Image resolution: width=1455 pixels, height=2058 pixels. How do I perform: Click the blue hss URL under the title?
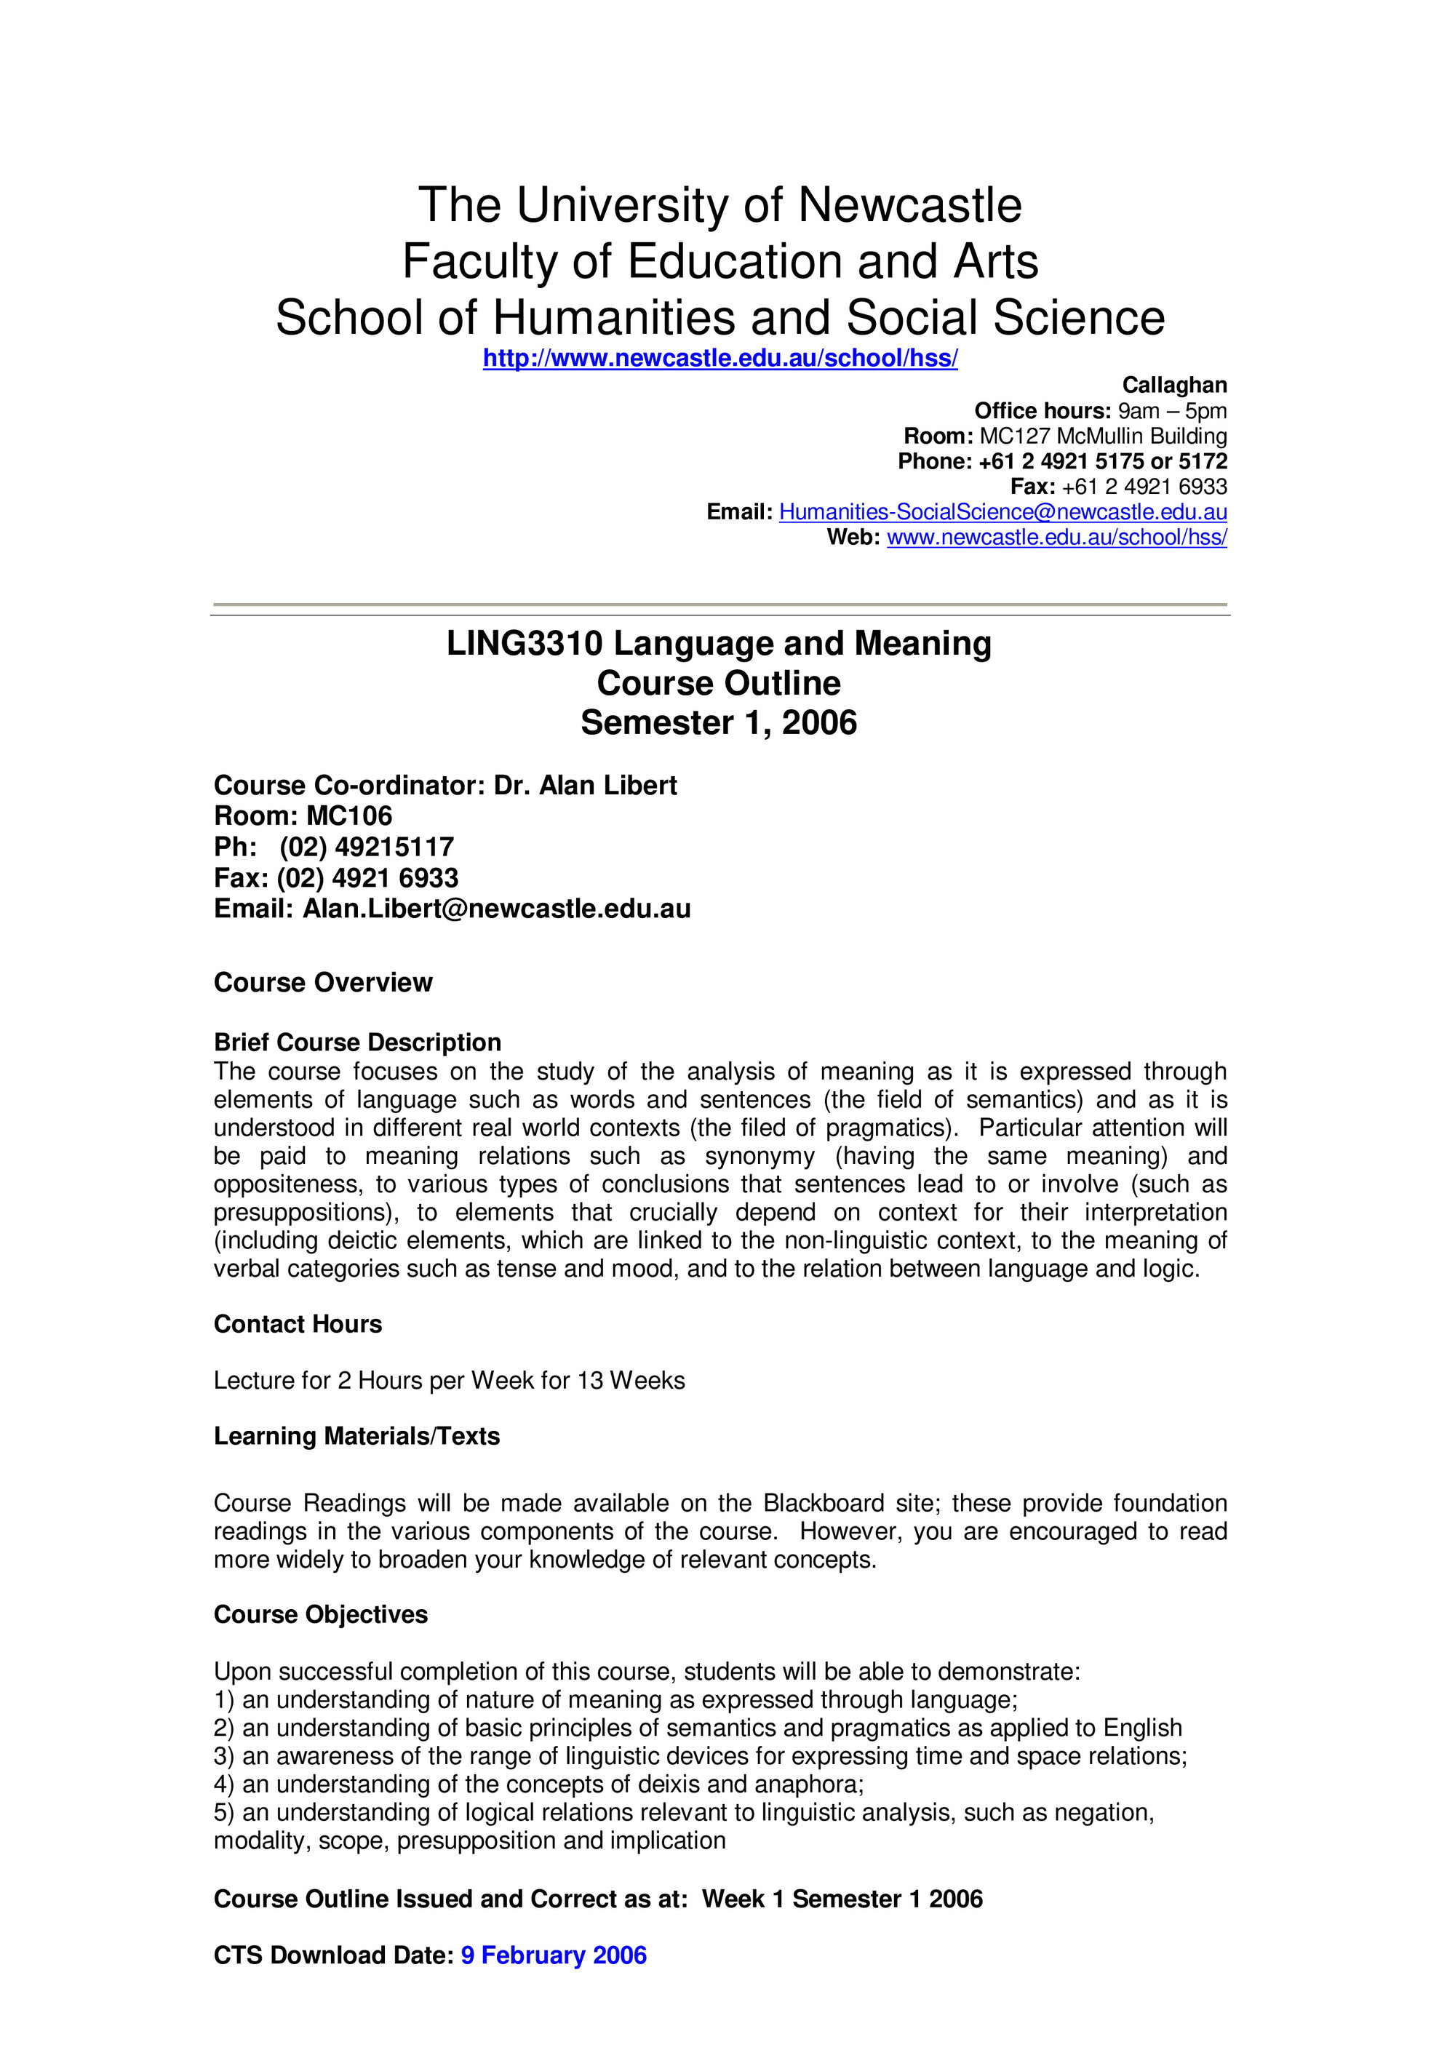(x=720, y=359)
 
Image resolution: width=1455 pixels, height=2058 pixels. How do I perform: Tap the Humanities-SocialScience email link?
(x=1002, y=512)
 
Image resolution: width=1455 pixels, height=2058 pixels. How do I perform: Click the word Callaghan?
(x=1174, y=385)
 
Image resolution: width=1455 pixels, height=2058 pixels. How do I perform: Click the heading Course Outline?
(x=719, y=683)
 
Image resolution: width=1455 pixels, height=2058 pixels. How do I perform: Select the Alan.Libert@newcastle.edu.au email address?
(x=497, y=909)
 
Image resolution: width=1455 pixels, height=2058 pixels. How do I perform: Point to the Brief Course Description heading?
(x=356, y=1042)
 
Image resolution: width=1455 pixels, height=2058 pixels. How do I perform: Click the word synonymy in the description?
(x=760, y=1156)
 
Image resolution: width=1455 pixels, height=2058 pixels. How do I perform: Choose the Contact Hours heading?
(x=298, y=1324)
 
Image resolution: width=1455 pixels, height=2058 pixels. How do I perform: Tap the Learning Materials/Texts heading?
(x=356, y=1436)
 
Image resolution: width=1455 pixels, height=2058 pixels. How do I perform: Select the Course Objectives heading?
(x=320, y=1614)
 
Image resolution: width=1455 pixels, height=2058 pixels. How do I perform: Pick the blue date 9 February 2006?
(x=553, y=1955)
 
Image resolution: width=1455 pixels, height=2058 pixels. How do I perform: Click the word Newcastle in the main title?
(x=909, y=205)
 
